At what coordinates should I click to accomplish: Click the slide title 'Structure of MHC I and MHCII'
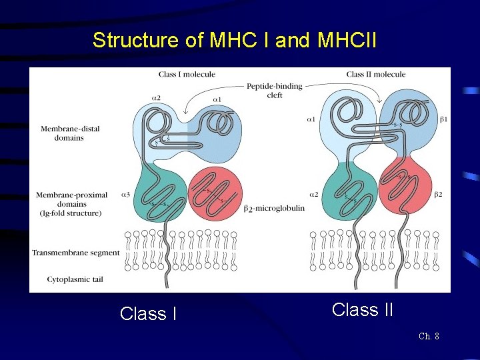click(235, 41)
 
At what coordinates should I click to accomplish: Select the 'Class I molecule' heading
click(187, 74)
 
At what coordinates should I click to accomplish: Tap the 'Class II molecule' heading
click(376, 74)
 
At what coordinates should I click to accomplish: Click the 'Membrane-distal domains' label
click(70, 133)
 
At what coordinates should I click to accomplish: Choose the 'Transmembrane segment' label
click(75, 253)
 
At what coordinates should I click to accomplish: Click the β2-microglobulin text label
click(274, 208)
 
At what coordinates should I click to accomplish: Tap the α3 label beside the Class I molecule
click(125, 195)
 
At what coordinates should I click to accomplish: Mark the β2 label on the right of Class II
click(438, 195)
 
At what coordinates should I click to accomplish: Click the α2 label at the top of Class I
click(156, 98)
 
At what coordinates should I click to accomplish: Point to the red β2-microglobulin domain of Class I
click(215, 194)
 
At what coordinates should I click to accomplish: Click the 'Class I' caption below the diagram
click(148, 313)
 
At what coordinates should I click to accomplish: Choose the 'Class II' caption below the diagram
click(362, 309)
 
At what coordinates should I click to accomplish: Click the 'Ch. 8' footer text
click(429, 336)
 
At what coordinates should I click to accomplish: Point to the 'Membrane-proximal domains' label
click(71, 204)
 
